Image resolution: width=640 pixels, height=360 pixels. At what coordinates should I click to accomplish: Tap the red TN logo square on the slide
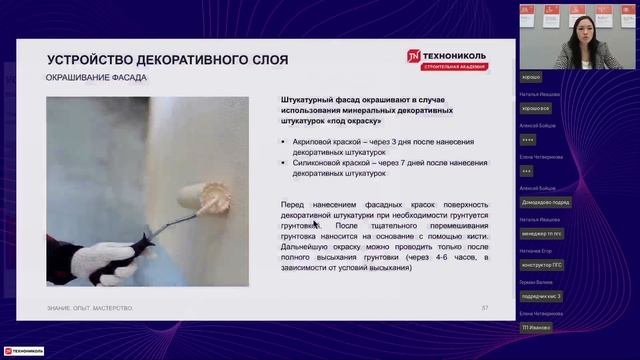pyautogui.click(x=413, y=58)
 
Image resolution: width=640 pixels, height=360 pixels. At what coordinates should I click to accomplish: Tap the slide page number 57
pyautogui.click(x=485, y=307)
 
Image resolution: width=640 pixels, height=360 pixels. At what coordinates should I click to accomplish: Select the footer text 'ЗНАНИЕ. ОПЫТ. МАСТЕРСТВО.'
pyautogui.click(x=90, y=307)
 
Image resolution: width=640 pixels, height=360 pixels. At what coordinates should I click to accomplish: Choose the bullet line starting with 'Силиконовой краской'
pyautogui.click(x=384, y=167)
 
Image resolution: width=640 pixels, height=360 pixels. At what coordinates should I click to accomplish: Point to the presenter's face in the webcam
pyautogui.click(x=579, y=23)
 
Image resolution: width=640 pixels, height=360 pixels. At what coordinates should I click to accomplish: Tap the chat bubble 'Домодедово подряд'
pyautogui.click(x=546, y=202)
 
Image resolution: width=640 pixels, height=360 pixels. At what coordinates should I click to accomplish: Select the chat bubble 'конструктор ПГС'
pyautogui.click(x=545, y=264)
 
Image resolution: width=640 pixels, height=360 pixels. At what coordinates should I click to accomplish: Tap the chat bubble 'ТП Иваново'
pyautogui.click(x=537, y=327)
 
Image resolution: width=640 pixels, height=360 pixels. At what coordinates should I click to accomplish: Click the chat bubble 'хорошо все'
pyautogui.click(x=536, y=107)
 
